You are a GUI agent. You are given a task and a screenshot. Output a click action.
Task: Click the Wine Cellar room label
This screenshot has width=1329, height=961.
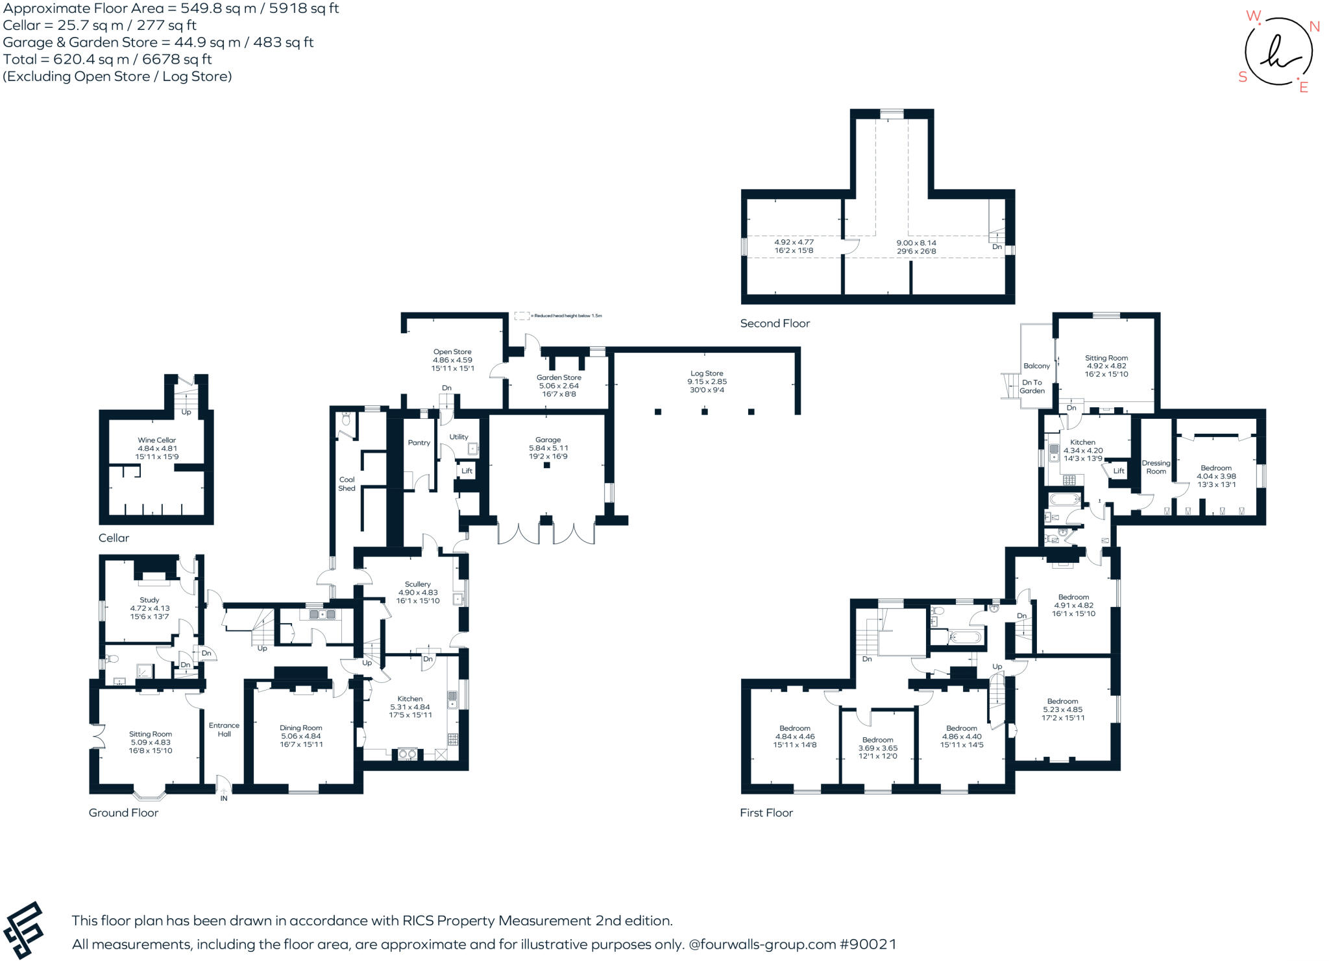(156, 440)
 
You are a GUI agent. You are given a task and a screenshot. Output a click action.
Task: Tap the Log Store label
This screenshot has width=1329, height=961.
(706, 374)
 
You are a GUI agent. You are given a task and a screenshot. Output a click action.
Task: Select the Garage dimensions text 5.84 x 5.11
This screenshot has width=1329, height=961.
(548, 448)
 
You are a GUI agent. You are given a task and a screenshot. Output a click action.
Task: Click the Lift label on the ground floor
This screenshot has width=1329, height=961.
(467, 471)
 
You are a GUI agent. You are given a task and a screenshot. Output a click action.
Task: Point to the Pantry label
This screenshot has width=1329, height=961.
(419, 443)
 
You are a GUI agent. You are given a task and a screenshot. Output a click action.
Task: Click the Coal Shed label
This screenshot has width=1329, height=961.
(347, 484)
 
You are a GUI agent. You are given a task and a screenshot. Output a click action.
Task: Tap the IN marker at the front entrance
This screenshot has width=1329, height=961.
(224, 798)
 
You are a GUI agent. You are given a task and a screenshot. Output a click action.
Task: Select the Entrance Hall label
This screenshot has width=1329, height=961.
(224, 730)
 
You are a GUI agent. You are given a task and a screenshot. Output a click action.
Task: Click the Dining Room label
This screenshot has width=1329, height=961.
(301, 728)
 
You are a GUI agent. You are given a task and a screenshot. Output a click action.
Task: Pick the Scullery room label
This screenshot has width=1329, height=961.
(417, 584)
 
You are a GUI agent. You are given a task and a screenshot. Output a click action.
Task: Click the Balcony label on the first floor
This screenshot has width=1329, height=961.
(1036, 366)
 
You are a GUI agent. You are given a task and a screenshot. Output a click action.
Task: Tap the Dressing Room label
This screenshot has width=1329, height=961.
(1156, 467)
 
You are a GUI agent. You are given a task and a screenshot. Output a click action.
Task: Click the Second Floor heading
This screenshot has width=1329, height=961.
(775, 324)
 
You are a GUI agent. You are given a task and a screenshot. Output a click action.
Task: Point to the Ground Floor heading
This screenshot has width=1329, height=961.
(123, 813)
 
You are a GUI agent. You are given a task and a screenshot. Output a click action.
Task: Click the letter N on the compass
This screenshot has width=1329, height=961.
(1314, 27)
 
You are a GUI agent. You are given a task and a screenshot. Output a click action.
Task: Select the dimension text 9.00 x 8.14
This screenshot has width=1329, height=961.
(916, 243)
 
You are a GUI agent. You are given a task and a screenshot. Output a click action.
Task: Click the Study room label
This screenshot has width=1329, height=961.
(149, 600)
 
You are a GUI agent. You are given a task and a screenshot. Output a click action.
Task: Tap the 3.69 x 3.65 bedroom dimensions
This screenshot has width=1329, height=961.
(877, 748)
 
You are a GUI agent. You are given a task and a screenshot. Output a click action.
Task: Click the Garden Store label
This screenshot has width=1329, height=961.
(559, 377)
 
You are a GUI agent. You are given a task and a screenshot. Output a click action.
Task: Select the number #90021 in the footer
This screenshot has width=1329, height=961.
(868, 944)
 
